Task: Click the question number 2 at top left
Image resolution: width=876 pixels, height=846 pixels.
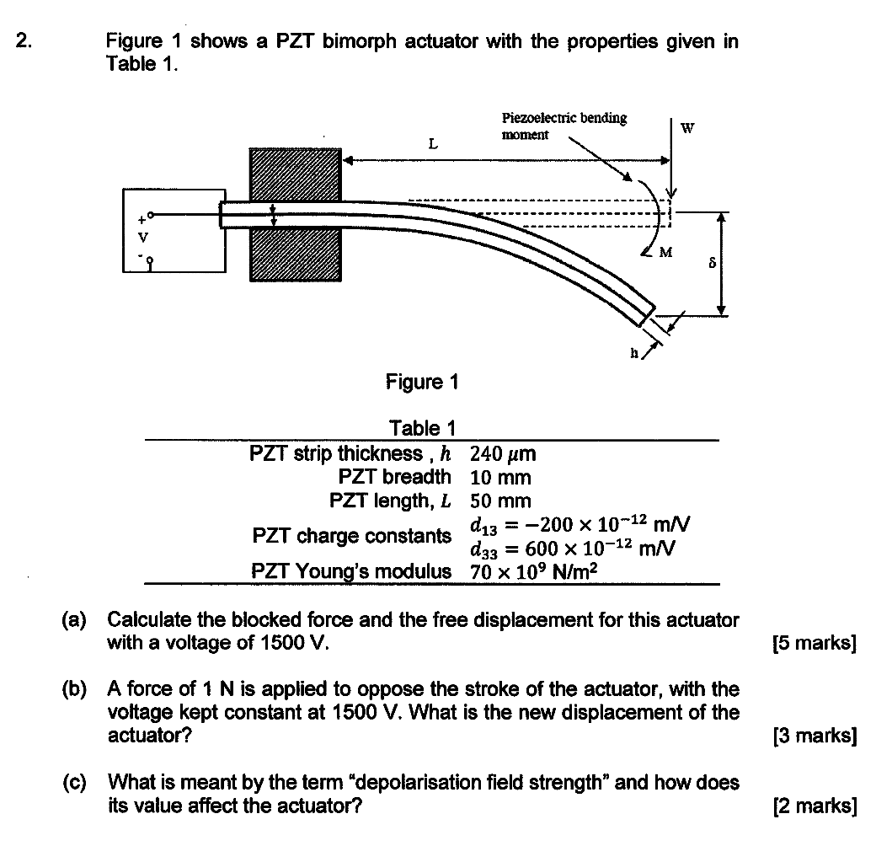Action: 24,41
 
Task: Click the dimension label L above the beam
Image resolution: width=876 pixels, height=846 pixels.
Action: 432,143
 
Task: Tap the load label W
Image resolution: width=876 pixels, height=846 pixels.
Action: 687,129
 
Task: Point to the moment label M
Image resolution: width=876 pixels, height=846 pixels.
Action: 665,251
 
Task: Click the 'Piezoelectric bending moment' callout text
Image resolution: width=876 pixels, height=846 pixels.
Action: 564,126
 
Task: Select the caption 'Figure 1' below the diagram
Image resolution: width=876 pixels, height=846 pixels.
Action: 422,382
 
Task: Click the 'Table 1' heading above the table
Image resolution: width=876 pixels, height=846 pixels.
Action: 422,429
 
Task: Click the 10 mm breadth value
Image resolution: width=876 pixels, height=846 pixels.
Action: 500,478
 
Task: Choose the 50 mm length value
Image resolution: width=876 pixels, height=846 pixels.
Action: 500,501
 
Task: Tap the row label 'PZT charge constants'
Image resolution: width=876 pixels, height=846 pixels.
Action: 351,536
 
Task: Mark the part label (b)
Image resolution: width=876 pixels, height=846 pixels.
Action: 74,689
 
